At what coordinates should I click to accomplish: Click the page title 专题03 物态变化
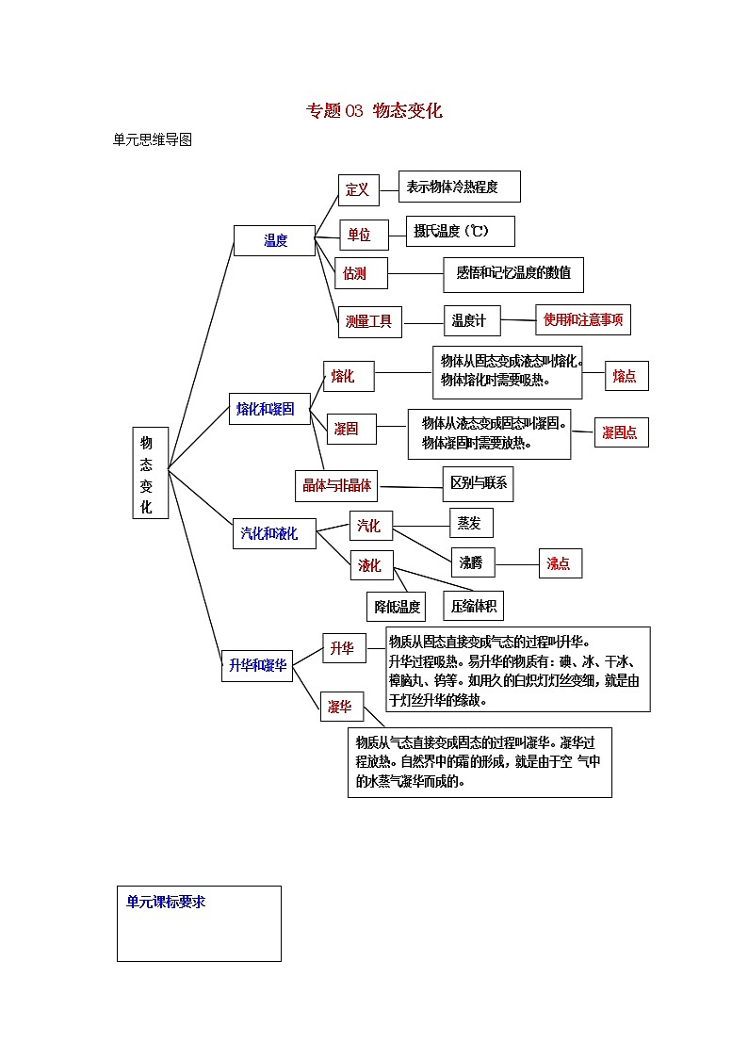[374, 110]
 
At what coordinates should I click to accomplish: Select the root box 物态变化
[150, 474]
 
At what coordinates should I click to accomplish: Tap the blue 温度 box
[275, 241]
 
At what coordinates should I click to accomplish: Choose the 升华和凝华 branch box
[257, 664]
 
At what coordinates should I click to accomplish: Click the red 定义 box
[358, 189]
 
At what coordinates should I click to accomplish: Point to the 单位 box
[359, 235]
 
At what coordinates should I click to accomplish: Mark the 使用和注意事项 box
[583, 319]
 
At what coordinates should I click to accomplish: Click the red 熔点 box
[626, 376]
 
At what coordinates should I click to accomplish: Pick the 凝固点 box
[621, 432]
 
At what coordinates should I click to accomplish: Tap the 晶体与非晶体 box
[336, 486]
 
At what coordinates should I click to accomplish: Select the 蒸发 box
[469, 523]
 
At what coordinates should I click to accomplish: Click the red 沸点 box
[560, 563]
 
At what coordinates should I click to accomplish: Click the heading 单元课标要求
[167, 902]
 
